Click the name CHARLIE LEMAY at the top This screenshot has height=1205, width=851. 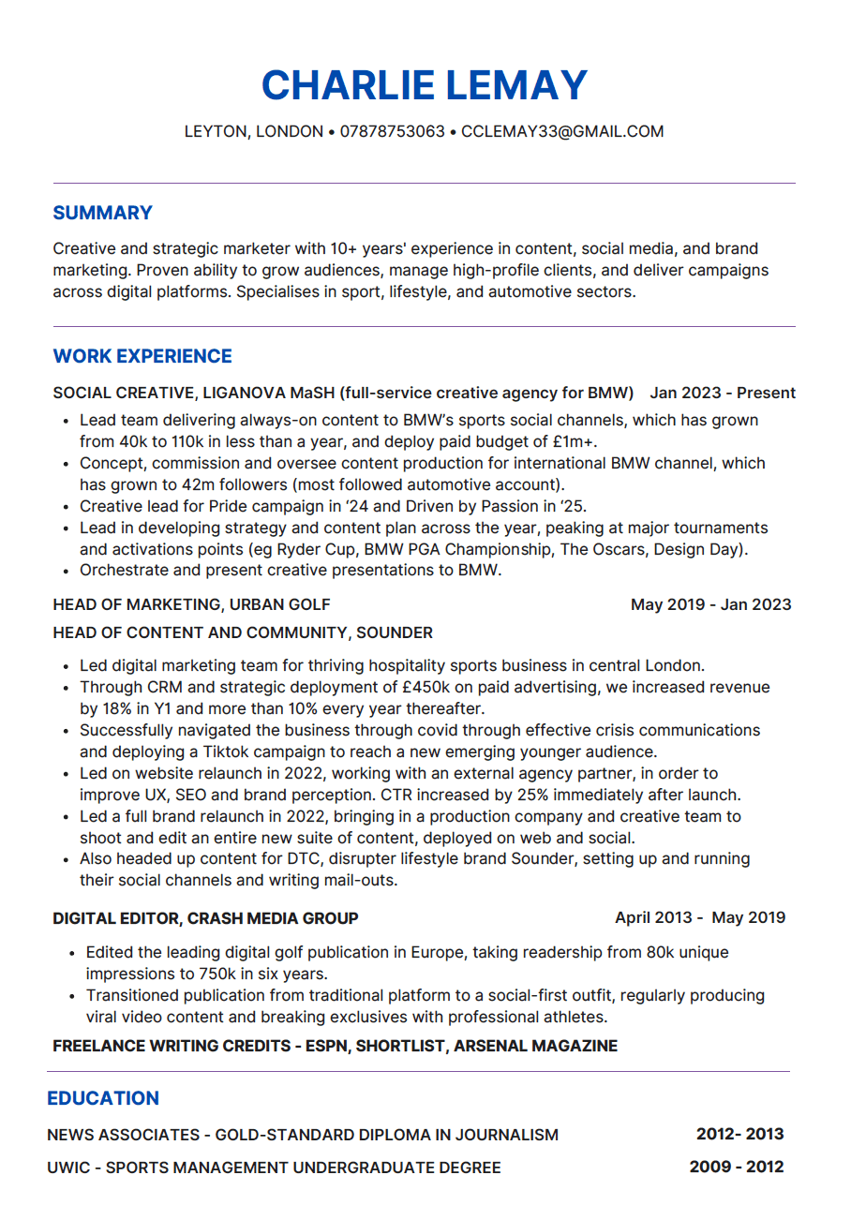tap(425, 86)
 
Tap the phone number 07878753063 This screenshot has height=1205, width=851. tap(392, 132)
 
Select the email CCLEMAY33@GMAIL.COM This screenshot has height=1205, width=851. tap(562, 132)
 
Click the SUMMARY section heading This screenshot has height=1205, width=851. tap(102, 214)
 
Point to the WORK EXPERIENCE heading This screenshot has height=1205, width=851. tap(142, 357)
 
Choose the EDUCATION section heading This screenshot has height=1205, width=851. tap(103, 1098)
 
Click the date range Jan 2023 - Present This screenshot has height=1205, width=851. tap(723, 393)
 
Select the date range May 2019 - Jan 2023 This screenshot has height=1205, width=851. tap(710, 604)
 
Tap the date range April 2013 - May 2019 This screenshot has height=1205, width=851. tap(700, 918)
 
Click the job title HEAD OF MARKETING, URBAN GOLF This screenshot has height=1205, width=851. tap(191, 604)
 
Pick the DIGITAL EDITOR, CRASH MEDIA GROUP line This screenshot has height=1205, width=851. tap(205, 918)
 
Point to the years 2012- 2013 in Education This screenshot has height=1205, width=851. tap(739, 1135)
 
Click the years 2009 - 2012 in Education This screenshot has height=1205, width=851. tap(736, 1168)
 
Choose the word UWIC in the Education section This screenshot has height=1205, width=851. tap(67, 1168)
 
